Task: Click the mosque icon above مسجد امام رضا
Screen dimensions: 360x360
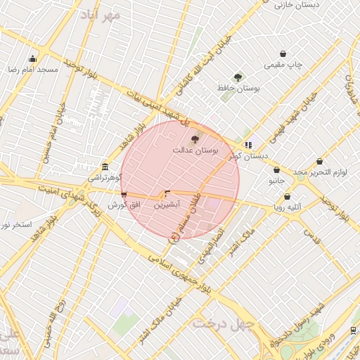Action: point(32,59)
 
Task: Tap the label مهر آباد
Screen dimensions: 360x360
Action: point(101,14)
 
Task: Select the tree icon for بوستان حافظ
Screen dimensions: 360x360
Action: point(238,77)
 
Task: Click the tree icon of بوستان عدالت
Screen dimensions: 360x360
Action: point(195,139)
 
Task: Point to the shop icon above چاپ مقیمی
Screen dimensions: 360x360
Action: point(283,53)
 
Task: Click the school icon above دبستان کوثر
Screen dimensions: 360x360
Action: point(248,144)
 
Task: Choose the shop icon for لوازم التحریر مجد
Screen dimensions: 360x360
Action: point(319,162)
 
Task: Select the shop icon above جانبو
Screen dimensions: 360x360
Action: point(276,170)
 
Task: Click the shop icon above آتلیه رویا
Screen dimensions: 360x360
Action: point(287,197)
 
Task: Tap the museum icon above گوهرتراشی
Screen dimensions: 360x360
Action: point(105,167)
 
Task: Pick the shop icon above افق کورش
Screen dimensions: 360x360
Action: point(124,194)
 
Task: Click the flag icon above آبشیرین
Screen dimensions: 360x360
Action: point(167,193)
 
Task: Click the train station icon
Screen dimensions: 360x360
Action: point(352,330)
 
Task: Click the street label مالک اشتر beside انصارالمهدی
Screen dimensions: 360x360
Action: point(240,243)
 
